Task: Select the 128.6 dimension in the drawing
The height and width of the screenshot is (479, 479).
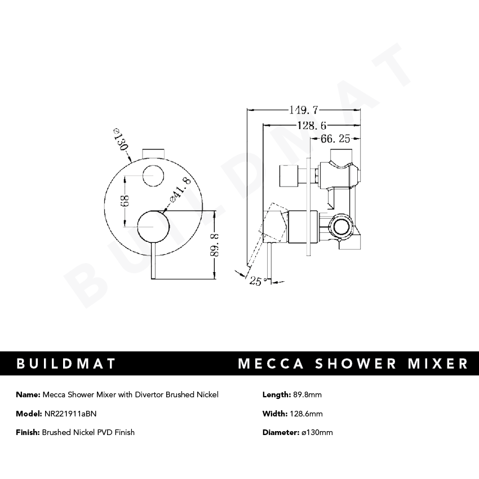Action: [313, 125]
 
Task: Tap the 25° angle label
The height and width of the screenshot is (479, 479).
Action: [258, 281]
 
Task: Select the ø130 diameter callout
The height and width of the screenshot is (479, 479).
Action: [121, 140]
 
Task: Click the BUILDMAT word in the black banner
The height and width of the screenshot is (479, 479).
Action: [66, 363]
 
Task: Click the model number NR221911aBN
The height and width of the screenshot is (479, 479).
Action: [70, 414]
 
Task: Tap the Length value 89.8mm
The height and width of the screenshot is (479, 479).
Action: [308, 394]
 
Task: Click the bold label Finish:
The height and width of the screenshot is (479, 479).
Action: [28, 432]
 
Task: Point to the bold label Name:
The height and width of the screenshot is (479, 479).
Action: [28, 394]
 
